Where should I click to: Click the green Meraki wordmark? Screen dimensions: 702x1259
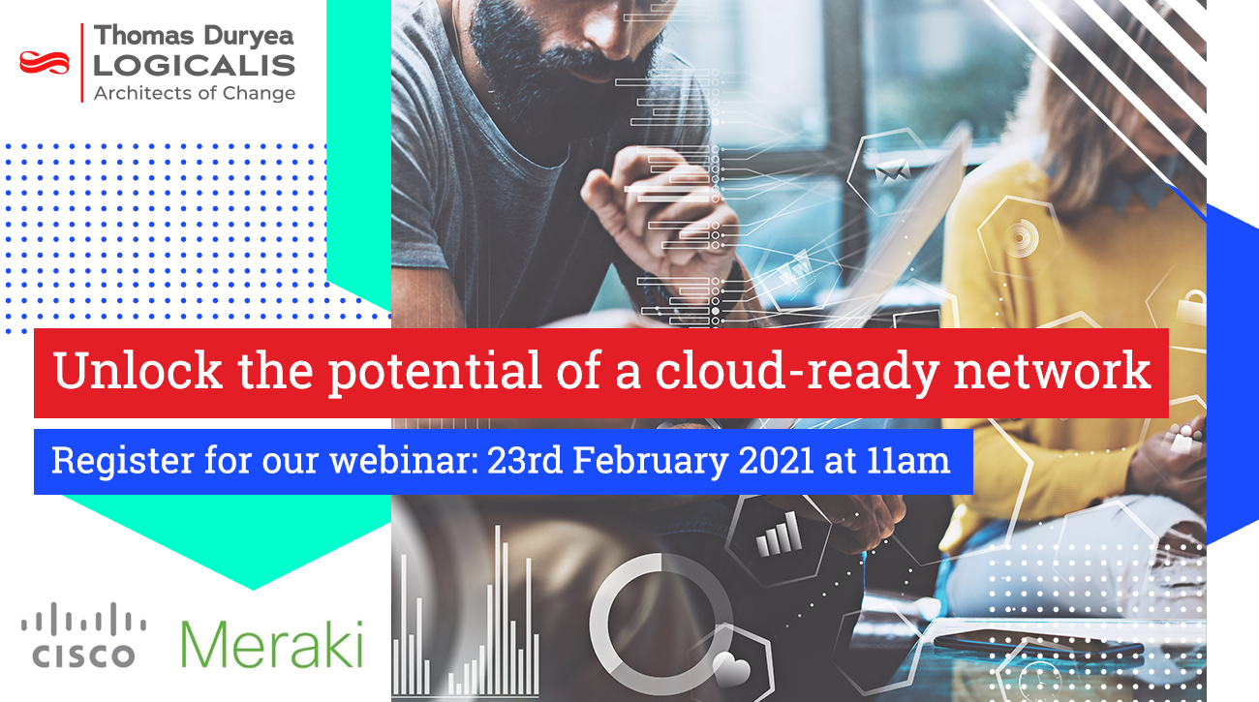pos(272,642)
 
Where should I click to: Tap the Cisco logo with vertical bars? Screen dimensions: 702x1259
pos(83,635)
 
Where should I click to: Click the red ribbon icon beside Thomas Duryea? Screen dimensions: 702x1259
pos(46,63)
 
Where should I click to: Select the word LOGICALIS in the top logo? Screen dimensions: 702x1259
pos(194,66)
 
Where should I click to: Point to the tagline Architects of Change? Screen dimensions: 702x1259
pos(194,93)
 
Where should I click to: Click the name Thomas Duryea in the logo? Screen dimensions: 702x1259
pos(194,38)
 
